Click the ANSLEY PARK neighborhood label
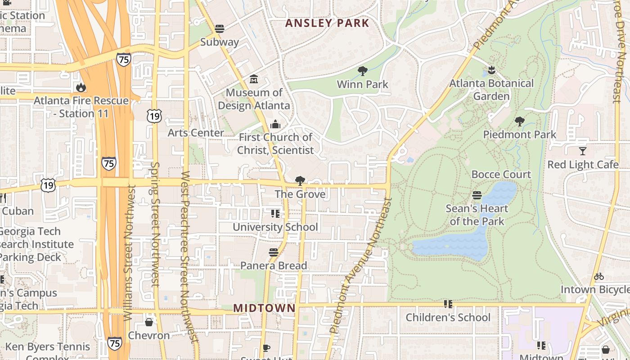tap(327, 23)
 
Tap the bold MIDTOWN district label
tap(264, 308)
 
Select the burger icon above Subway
tap(220, 29)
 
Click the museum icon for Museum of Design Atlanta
tap(254, 79)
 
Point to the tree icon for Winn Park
tap(362, 71)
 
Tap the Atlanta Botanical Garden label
tap(491, 90)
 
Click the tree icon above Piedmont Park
tap(520, 121)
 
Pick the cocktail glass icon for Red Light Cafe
tap(583, 151)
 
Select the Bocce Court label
tap(501, 174)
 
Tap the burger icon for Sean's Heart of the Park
tap(477, 195)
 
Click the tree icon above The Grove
tap(300, 181)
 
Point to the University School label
tap(275, 227)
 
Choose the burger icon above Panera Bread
tap(273, 252)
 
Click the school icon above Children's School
tap(448, 304)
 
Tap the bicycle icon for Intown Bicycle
tap(599, 276)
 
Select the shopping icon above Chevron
tap(149, 322)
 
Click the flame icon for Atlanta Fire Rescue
tap(81, 87)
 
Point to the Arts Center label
tap(196, 133)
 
